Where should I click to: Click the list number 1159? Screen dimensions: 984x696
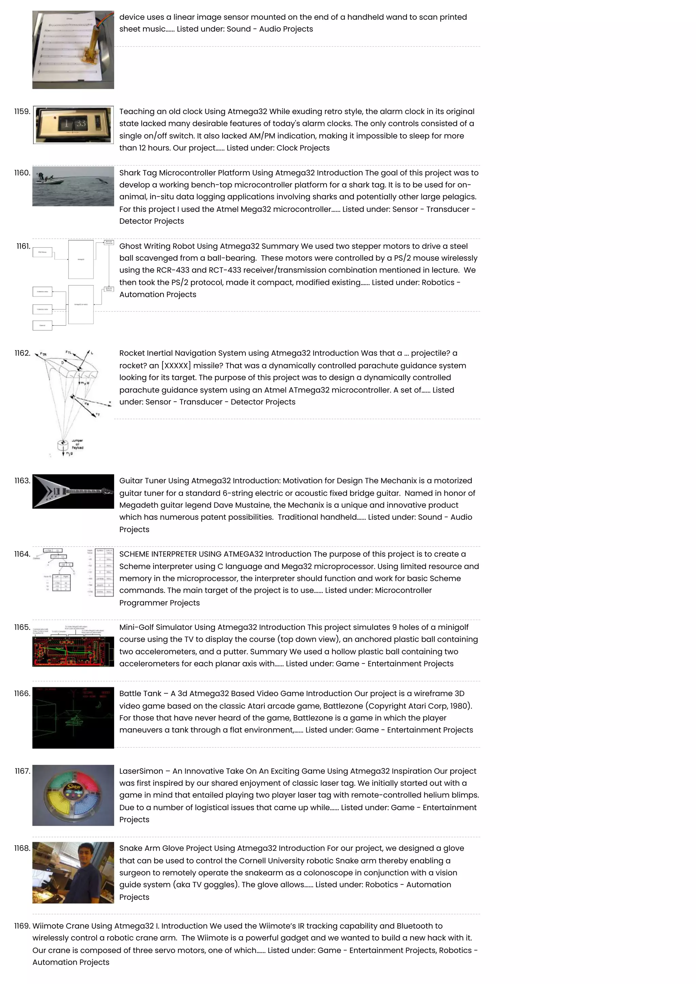coord(22,111)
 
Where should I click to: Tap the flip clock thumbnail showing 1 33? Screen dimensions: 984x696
coord(73,124)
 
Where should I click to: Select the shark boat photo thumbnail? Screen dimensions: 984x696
coord(73,186)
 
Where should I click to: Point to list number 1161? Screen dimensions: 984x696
coord(23,246)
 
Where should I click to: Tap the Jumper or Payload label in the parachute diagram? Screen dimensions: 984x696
coord(77,444)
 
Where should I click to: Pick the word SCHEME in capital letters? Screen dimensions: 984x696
coord(134,554)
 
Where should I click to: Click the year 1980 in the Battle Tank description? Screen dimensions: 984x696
coord(459,706)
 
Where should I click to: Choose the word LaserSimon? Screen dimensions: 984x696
coord(141,771)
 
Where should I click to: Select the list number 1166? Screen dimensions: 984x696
coord(22,693)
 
